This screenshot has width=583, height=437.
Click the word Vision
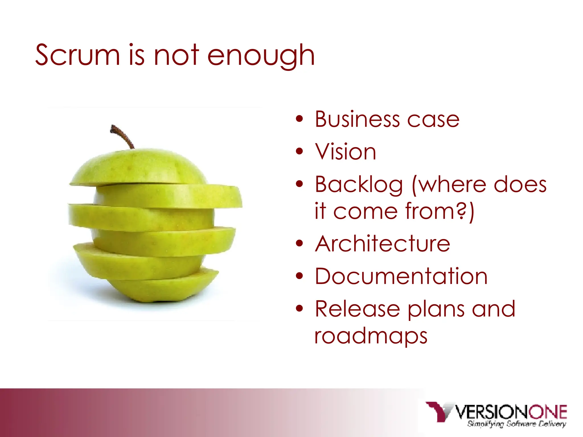[346, 152]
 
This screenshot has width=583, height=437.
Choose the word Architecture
[382, 244]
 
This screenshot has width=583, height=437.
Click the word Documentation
[401, 276]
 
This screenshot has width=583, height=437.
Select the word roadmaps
[371, 337]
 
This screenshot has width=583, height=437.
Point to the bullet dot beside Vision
[299, 151]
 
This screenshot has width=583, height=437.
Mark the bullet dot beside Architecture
[299, 243]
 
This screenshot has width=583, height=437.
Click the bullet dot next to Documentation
[299, 276]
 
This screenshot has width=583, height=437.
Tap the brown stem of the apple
[122, 136]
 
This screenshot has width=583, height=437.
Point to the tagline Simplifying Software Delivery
[516, 424]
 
